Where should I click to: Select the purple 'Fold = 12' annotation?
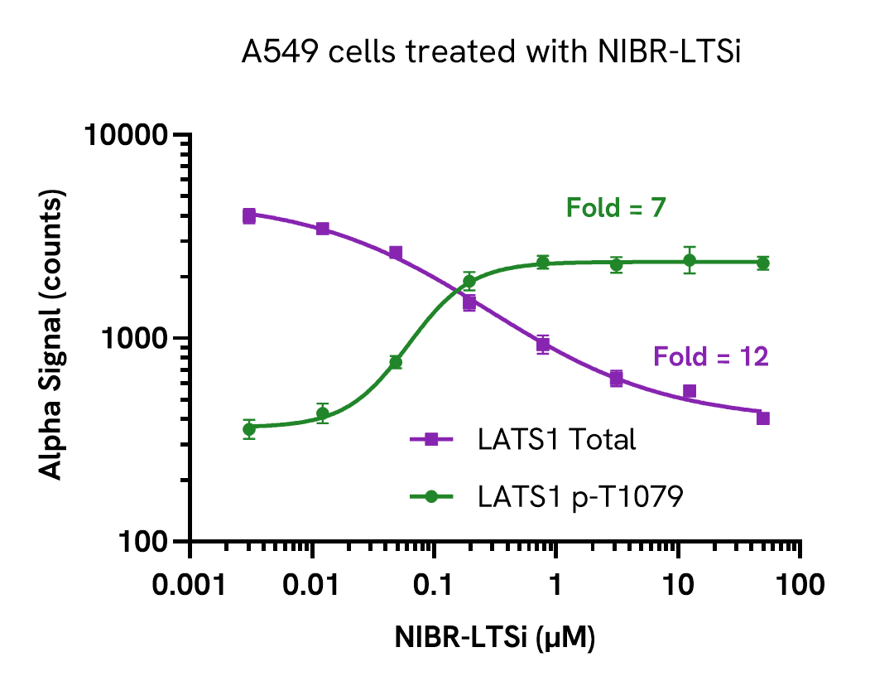pyautogui.click(x=711, y=357)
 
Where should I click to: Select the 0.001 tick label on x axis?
pyautogui.click(x=191, y=585)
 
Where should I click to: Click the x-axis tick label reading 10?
pyautogui.click(x=678, y=585)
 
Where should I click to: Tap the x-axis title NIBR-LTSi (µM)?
pyautogui.click(x=495, y=638)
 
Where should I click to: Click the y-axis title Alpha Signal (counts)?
pyautogui.click(x=52, y=338)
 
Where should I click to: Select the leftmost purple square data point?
pyautogui.click(x=249, y=215)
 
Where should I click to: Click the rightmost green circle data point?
pyautogui.click(x=763, y=263)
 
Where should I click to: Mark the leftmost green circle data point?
pyautogui.click(x=249, y=429)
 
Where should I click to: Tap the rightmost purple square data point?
pyautogui.click(x=763, y=418)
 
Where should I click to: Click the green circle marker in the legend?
pyautogui.click(x=430, y=496)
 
